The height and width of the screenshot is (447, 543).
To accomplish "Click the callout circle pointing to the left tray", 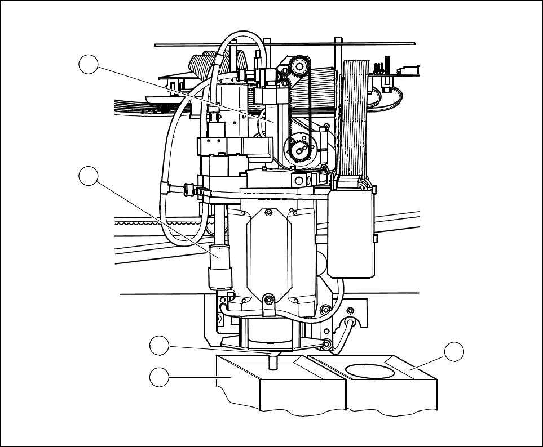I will [160, 377].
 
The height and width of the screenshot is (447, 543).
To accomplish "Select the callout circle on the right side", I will [454, 352].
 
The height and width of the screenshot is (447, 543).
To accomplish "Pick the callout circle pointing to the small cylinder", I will [89, 176].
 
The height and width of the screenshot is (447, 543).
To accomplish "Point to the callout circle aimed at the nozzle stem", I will [160, 346].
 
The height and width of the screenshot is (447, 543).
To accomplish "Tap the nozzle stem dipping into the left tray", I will [273, 361].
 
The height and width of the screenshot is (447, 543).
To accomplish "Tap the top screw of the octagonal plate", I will [268, 212].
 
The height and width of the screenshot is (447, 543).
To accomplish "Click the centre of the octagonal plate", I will [268, 253].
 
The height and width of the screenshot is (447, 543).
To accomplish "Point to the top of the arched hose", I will [242, 35].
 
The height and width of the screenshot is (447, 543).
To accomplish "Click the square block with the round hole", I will [299, 180].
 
